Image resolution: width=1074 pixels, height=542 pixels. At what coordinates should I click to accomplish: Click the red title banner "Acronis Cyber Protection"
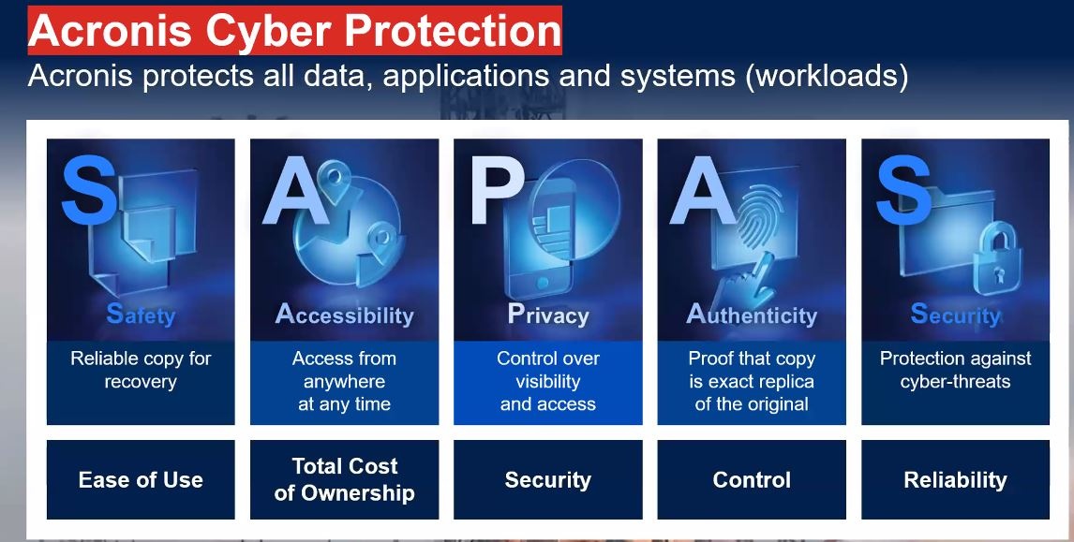tap(294, 30)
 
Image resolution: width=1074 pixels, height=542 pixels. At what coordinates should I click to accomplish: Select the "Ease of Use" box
tap(141, 479)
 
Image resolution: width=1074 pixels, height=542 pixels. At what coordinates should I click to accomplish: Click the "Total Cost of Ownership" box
tap(345, 479)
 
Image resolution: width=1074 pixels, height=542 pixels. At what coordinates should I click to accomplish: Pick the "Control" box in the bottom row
tap(752, 479)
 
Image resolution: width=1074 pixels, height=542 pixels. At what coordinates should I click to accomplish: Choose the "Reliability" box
tap(956, 479)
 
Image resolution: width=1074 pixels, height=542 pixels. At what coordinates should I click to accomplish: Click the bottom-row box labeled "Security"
tap(548, 479)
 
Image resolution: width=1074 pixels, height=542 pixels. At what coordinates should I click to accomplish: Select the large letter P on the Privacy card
tap(497, 192)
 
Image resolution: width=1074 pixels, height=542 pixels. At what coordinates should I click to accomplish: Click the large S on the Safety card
tap(88, 190)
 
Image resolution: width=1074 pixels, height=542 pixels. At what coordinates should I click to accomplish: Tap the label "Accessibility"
tap(345, 315)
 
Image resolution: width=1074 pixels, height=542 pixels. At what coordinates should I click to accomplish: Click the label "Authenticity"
tap(752, 315)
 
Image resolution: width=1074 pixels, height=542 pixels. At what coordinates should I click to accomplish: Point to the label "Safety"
tap(141, 315)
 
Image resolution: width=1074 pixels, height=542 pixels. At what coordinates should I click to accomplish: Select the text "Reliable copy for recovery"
tap(141, 370)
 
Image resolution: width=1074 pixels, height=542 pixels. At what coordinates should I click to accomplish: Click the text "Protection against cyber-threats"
tap(956, 370)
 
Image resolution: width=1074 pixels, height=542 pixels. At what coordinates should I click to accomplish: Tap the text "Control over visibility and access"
tap(548, 381)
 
